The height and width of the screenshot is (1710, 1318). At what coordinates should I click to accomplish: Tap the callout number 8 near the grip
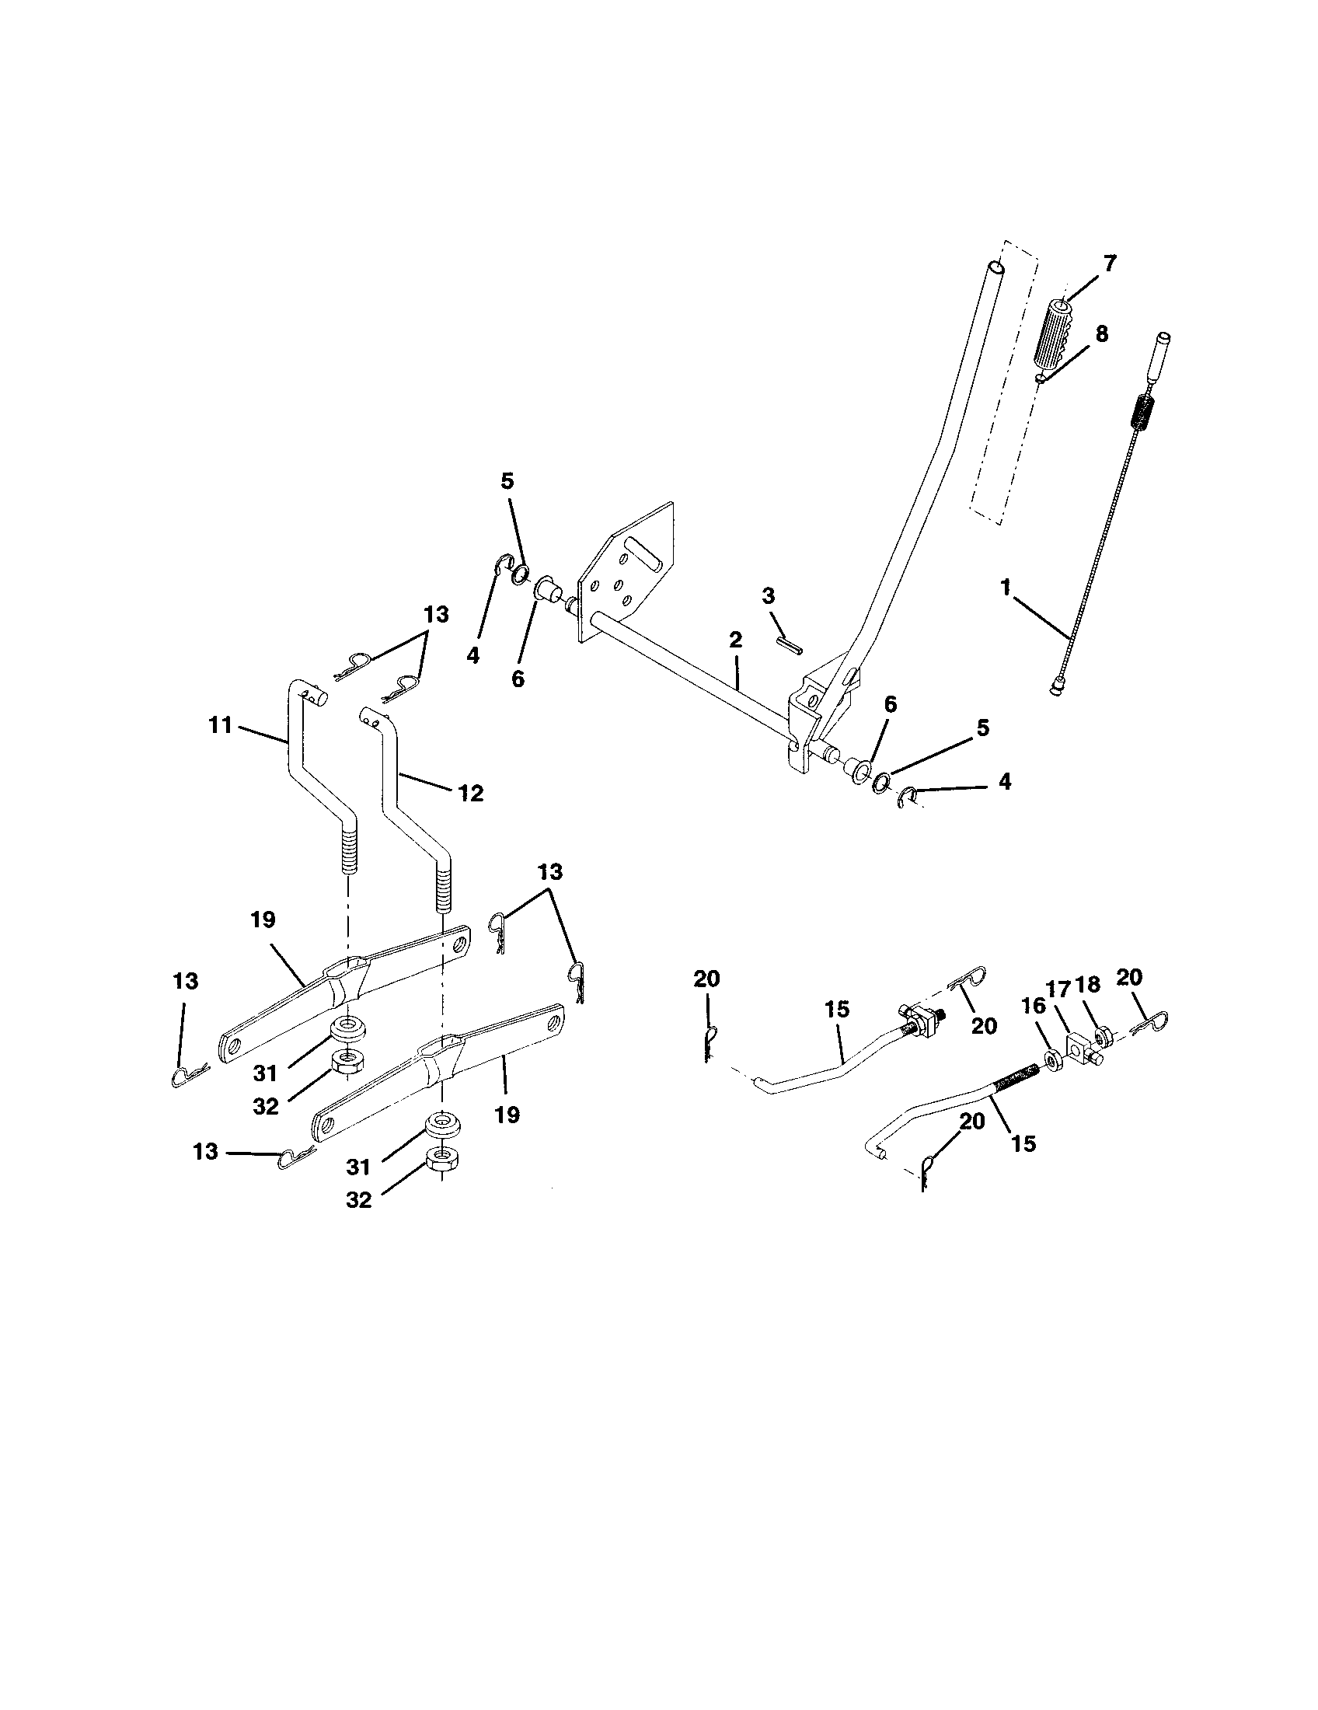pyautogui.click(x=1101, y=334)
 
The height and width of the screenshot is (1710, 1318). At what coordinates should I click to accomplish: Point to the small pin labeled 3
pyautogui.click(x=788, y=644)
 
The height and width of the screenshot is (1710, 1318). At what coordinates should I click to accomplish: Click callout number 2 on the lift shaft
pyautogui.click(x=734, y=640)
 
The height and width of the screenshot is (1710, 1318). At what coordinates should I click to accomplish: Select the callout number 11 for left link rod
pyautogui.click(x=221, y=725)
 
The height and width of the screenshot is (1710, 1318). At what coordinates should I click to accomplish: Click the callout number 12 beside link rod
pyautogui.click(x=470, y=793)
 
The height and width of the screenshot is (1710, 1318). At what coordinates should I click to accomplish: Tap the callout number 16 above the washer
pyautogui.click(x=1034, y=1007)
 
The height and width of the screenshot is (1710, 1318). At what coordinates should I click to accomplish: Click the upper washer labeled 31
pyautogui.click(x=344, y=1028)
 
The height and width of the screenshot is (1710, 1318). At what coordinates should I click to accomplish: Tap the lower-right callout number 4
pyautogui.click(x=1005, y=780)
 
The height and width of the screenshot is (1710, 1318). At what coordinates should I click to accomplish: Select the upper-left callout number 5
pyautogui.click(x=507, y=483)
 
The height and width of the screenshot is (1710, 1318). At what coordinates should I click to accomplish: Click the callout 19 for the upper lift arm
pyautogui.click(x=263, y=920)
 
